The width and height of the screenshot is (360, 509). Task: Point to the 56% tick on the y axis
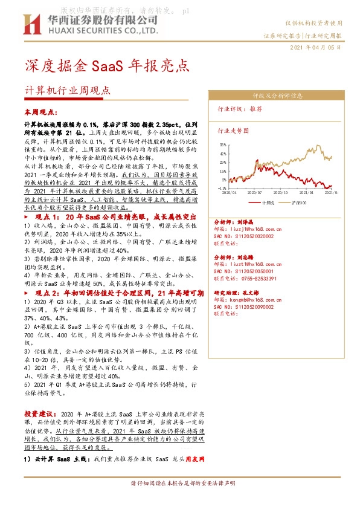tap(223, 145)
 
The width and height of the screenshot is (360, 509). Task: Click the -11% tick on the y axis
tap(222, 188)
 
